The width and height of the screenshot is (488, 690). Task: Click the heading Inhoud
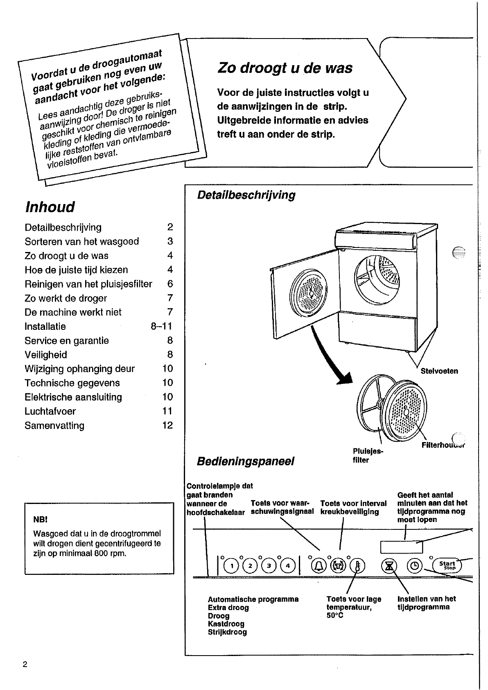pyautogui.click(x=50, y=207)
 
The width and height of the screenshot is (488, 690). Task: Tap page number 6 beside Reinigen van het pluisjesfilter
pyautogui.click(x=170, y=284)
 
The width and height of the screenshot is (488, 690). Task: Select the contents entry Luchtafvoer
pyautogui.click(x=50, y=411)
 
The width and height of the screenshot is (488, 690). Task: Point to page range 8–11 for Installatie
pyautogui.click(x=161, y=326)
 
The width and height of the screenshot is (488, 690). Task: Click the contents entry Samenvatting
pyautogui.click(x=54, y=425)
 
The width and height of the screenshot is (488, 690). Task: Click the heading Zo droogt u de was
pyautogui.click(x=285, y=68)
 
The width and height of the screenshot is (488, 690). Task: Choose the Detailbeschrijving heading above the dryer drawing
pyautogui.click(x=246, y=195)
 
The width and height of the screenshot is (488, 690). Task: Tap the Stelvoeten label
pyautogui.click(x=439, y=371)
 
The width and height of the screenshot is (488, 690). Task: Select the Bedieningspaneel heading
pyautogui.click(x=246, y=461)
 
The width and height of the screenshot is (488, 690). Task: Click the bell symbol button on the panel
pyautogui.click(x=319, y=566)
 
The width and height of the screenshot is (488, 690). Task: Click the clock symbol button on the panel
pyautogui.click(x=414, y=566)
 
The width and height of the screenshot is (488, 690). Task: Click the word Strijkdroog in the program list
pyautogui.click(x=227, y=632)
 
